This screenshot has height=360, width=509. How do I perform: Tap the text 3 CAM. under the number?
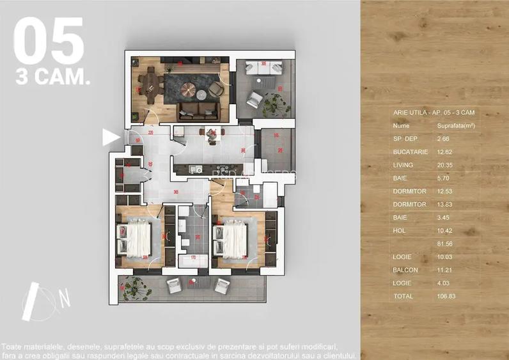52,78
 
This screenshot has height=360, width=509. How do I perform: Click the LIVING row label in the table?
403,165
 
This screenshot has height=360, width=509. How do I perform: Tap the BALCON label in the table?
405,270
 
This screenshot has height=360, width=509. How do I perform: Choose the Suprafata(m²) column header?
455,126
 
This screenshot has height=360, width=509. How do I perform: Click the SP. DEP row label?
405,138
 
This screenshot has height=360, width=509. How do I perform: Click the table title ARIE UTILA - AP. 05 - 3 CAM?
433,112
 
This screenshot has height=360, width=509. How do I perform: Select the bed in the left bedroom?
136,238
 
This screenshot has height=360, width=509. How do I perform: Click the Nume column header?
402,126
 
